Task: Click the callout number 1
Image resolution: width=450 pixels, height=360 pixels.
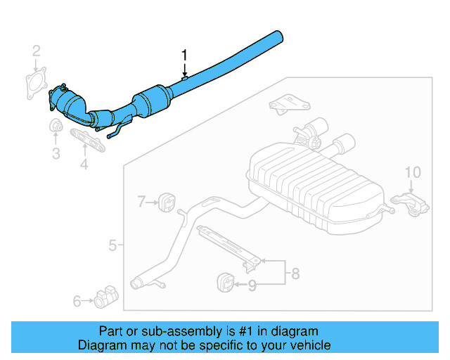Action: click(185, 55)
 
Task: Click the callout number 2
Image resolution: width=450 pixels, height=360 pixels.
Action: click(37, 50)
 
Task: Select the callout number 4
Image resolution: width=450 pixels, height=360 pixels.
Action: click(84, 165)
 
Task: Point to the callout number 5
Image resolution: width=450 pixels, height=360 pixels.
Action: click(112, 245)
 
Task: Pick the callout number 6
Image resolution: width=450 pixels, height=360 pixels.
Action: click(77, 301)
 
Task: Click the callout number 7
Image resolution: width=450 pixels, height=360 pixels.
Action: click(141, 202)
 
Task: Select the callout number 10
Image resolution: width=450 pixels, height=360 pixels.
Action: click(413, 172)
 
